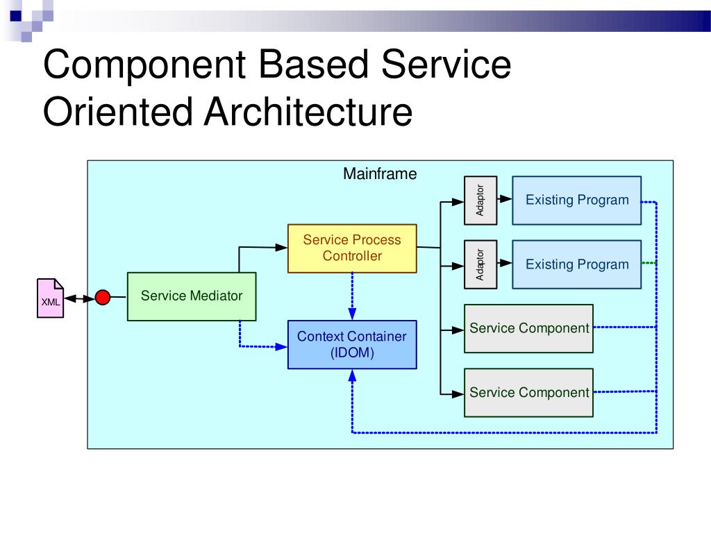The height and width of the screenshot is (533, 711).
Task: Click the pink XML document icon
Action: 50,298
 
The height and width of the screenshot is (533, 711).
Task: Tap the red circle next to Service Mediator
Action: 103,297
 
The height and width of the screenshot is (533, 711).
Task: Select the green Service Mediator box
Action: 192,296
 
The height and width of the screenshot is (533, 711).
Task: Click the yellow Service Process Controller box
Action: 352,248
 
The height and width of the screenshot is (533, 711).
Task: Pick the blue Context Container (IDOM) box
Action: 352,344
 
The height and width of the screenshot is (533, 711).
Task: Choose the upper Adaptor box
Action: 480,201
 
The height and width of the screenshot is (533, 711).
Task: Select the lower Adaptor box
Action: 480,264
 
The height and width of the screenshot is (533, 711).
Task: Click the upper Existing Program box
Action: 577,201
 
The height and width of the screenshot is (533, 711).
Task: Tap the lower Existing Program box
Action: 577,264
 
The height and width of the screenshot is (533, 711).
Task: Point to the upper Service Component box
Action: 528,328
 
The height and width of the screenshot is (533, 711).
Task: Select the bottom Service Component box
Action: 528,393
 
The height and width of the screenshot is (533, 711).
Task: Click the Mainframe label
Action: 380,174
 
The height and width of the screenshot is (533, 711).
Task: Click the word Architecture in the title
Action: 308,112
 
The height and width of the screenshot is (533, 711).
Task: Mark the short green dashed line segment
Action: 649,263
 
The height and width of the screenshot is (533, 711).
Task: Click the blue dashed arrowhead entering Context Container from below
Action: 352,375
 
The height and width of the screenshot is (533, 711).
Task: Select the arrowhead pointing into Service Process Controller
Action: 281,248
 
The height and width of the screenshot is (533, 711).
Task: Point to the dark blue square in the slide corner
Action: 15,16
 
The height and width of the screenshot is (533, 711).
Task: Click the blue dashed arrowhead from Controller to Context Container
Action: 352,314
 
